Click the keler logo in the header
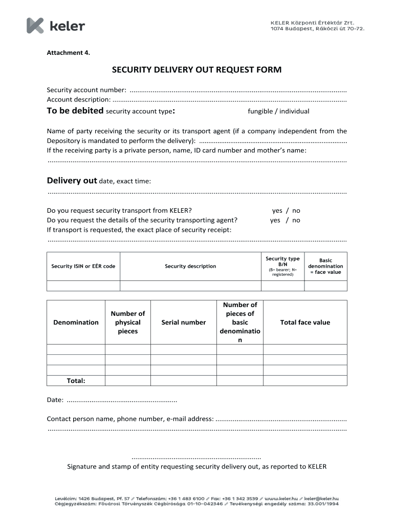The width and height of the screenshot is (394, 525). [x=56, y=26]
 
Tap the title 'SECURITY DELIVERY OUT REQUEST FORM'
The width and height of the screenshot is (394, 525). [x=197, y=70]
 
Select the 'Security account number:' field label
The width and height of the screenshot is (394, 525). [x=86, y=90]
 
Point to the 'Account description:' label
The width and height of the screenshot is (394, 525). [x=78, y=99]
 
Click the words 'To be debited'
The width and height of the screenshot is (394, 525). [x=75, y=111]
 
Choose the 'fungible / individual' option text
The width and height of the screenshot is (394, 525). [x=278, y=111]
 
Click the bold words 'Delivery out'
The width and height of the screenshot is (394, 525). [x=72, y=180]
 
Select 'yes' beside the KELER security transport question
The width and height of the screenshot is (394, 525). [x=277, y=210]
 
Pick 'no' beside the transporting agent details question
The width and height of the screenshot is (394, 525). [x=296, y=220]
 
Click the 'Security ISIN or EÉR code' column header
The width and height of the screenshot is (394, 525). [x=83, y=266]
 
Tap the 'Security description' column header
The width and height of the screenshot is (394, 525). [x=190, y=266]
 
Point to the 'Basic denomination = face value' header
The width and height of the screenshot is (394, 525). [x=325, y=266]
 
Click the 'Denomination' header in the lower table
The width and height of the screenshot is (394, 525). [x=76, y=322]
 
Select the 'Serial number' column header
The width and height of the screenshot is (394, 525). [x=183, y=322]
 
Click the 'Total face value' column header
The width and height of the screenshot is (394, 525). [x=305, y=322]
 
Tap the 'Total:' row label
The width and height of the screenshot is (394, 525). [x=76, y=380]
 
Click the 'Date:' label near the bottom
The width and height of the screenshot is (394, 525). [x=55, y=399]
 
